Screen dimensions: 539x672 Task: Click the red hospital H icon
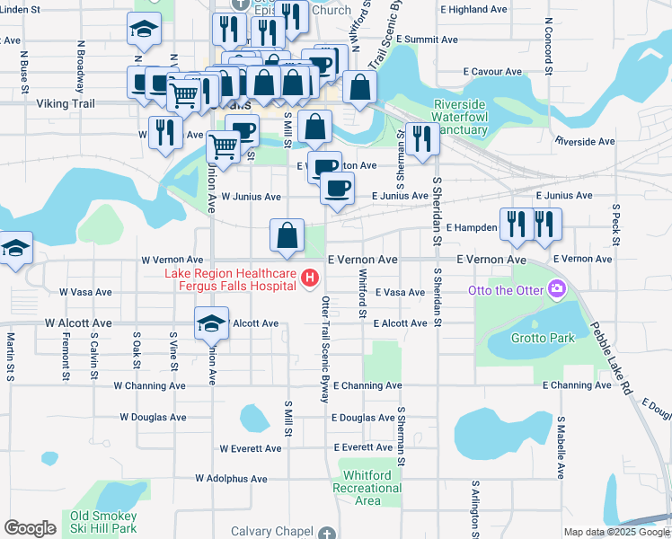click(310, 278)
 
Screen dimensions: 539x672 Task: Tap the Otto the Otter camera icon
click(557, 289)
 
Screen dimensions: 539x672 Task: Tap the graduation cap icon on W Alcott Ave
click(211, 323)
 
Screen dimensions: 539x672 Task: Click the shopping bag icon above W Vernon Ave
click(286, 235)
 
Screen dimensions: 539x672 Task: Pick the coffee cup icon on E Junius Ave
click(337, 189)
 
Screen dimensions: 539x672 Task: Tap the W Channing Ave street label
click(149, 385)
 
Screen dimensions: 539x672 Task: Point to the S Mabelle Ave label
click(560, 446)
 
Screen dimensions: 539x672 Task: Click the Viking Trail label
click(65, 103)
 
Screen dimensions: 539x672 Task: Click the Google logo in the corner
click(30, 528)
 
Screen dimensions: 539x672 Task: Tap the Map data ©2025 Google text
click(616, 532)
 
